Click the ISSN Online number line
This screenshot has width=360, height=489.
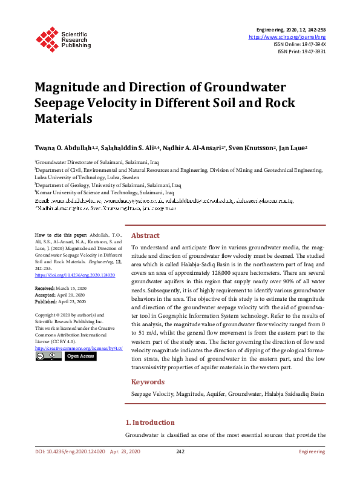(x=301, y=44)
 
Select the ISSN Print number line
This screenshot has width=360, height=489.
(x=303, y=51)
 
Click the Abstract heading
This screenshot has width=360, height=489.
(x=146, y=236)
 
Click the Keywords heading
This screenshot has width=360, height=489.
(x=148, y=382)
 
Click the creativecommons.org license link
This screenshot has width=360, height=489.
(x=71, y=349)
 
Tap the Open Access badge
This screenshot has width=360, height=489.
(x=80, y=356)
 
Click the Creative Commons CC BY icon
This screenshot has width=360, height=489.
(x=47, y=356)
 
